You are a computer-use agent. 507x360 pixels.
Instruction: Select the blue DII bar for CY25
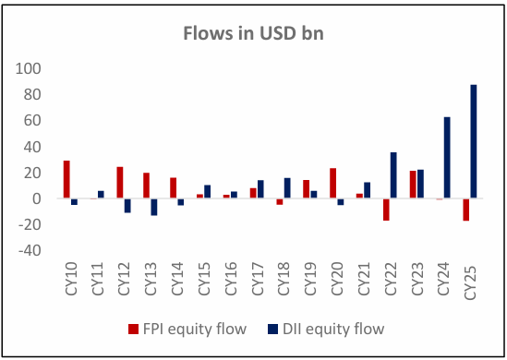(x=474, y=141)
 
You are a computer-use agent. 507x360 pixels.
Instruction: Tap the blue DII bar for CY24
(x=447, y=158)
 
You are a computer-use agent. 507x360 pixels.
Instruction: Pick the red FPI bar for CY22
(x=386, y=210)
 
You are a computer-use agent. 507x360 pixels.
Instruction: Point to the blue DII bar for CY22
(x=393, y=175)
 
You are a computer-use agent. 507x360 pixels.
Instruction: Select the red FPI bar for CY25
(x=466, y=210)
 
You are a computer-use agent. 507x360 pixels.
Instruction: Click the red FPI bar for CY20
(x=332, y=183)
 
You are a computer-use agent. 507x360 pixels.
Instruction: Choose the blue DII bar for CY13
(x=153, y=207)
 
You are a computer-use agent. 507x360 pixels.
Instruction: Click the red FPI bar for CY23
(x=413, y=185)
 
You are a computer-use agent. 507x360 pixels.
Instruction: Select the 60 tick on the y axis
(x=33, y=120)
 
